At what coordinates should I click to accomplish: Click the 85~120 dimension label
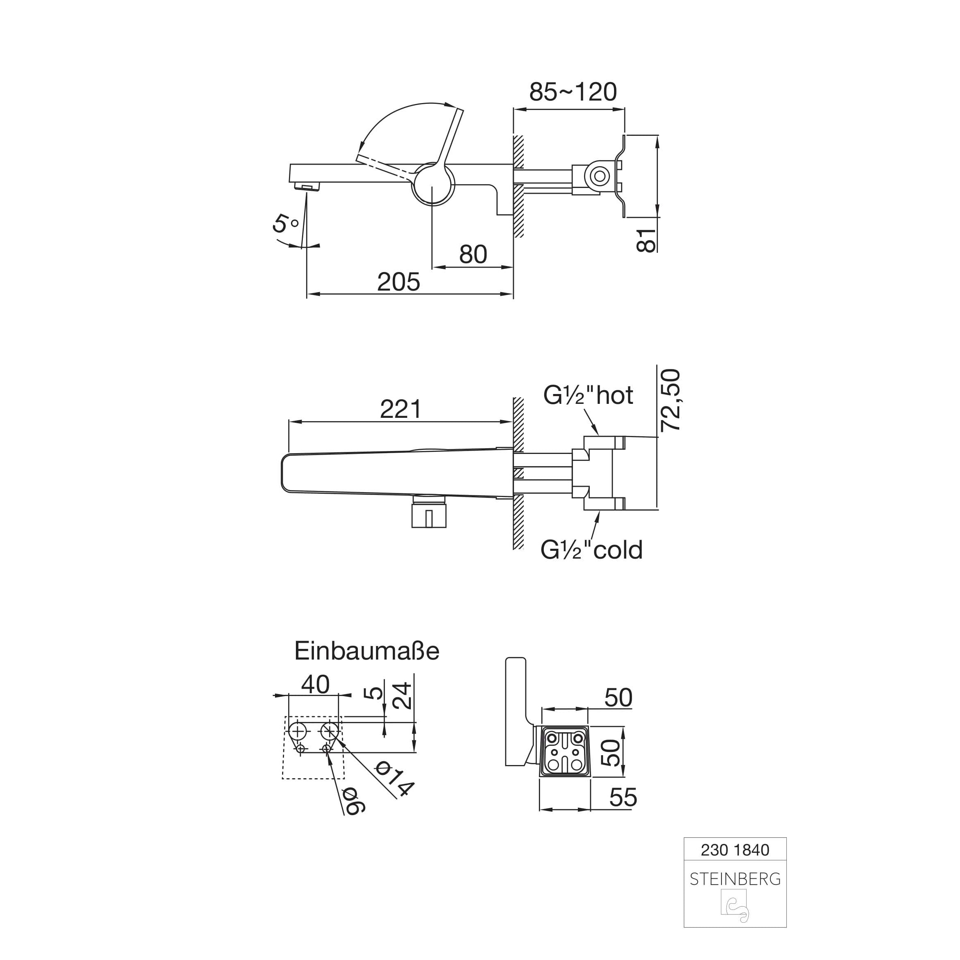(573, 92)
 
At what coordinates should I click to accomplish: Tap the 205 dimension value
(399, 282)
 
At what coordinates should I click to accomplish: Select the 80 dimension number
(473, 254)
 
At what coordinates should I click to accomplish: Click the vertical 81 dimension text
(646, 241)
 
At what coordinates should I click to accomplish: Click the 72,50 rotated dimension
(669, 400)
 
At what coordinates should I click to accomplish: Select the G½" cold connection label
(592, 550)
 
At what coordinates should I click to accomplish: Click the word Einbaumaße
(367, 651)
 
